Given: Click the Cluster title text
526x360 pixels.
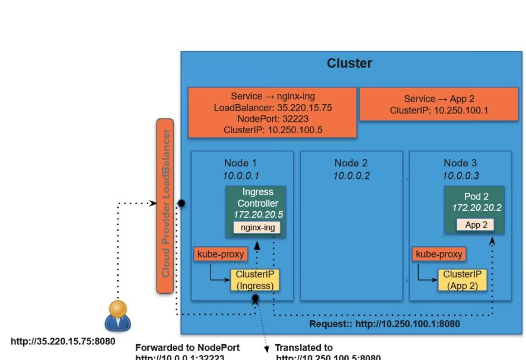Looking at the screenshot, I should [349, 63].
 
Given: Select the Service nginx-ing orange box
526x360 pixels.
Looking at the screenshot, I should [272, 112].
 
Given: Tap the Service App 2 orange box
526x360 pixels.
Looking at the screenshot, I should [439, 104].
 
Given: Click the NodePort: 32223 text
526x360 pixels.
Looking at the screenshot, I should [272, 119].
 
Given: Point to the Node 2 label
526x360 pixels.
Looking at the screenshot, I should [351, 163].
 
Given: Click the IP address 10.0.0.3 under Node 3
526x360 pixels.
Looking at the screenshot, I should [461, 175].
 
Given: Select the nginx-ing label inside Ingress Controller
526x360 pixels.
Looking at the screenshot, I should [257, 228].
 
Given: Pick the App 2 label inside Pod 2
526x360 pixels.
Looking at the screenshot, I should [473, 225].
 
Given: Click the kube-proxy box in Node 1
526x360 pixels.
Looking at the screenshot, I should [221, 254].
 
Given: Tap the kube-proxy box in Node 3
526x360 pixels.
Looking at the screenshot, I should [439, 254].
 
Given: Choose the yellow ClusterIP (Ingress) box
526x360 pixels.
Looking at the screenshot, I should [255, 280].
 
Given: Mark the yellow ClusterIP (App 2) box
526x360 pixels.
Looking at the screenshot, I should [462, 280].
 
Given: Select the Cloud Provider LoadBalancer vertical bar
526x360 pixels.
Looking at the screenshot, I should [165, 206].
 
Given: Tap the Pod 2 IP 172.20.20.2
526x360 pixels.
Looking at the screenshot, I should [477, 208].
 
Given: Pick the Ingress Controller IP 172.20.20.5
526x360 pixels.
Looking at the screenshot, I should [258, 214].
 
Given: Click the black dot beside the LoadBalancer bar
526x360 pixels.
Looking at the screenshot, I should [181, 204].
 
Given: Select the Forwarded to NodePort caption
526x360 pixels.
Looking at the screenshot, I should [188, 348].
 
